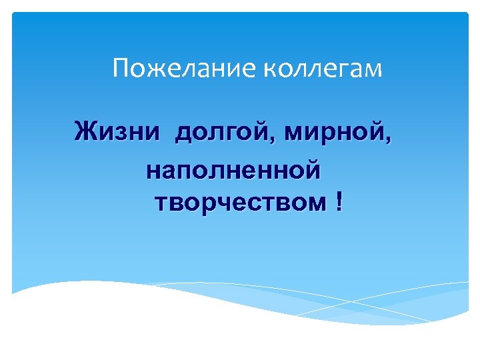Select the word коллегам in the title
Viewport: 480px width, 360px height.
coord(320,69)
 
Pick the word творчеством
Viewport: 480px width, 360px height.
coord(241,201)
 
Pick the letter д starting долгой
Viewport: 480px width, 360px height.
coord(183,132)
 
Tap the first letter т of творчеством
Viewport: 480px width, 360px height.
coord(161,201)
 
